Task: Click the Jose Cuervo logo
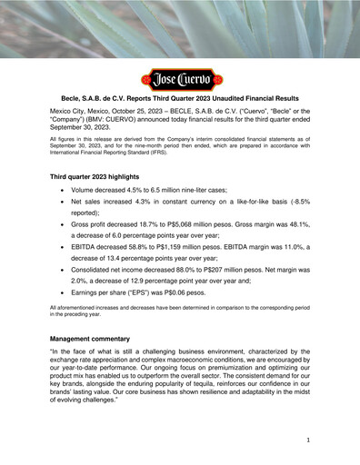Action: tap(179, 78)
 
